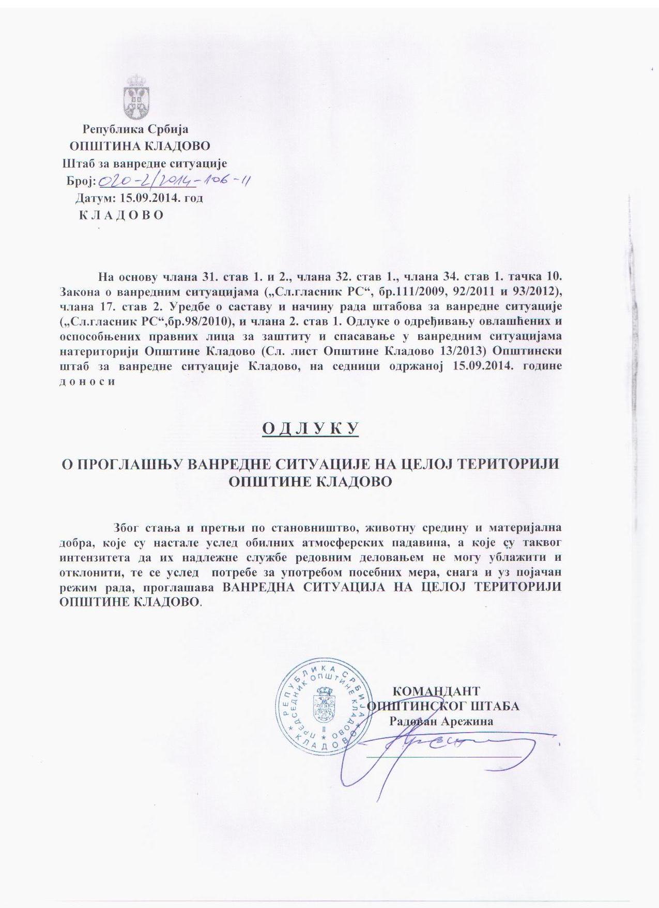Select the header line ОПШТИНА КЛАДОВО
click(140, 146)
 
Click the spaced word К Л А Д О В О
click(121, 215)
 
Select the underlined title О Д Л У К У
click(311, 429)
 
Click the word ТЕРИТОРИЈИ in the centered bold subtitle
click(516, 463)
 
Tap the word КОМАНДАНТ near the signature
click(436, 691)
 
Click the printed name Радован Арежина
click(441, 721)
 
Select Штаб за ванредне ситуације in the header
click(145, 163)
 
